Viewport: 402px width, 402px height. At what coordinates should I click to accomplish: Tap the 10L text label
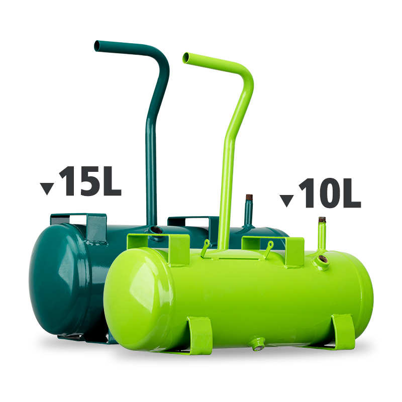coord(329,193)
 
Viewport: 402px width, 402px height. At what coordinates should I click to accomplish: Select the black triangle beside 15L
coord(47,188)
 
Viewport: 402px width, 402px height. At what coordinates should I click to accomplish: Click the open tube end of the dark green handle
coord(97,46)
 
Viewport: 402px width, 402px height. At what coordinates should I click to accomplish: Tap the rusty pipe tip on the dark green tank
coord(249,198)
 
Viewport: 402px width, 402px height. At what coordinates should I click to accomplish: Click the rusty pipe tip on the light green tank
coord(322,220)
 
